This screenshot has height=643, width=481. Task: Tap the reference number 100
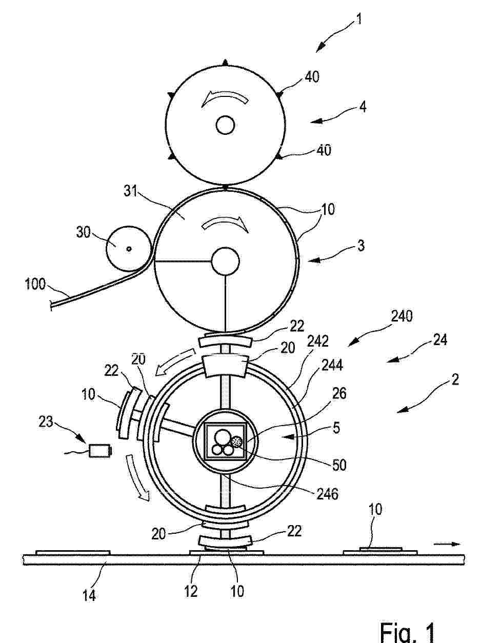[35, 284]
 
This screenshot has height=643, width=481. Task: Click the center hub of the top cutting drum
[225, 126]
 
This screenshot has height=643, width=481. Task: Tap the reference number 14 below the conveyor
[89, 595]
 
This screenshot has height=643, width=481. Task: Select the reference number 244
[333, 365]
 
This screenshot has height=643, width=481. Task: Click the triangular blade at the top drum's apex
[225, 62]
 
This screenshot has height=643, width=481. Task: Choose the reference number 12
[191, 591]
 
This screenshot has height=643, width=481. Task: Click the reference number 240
[402, 317]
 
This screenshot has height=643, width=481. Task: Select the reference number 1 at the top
[359, 19]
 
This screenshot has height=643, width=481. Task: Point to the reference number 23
[46, 422]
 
